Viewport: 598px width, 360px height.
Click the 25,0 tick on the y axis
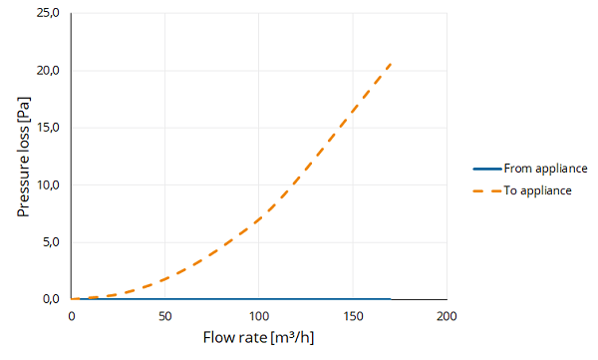pos(48,13)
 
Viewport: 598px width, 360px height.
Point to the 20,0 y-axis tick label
pos(48,71)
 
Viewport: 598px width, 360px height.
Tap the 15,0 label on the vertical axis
pos(48,128)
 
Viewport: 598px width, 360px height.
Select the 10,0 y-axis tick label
pos(48,185)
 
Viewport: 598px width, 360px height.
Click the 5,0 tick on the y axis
pos(51,242)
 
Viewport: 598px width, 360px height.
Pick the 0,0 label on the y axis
pos(51,299)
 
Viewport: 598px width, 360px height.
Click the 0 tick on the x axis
pos(72,316)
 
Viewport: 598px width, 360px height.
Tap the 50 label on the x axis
pos(164,316)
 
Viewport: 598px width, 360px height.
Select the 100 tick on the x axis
pos(259,316)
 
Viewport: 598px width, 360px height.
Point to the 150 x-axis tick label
pos(353,316)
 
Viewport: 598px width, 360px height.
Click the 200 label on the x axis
pos(447,316)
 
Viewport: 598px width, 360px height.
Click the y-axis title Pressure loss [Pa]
pos(23,157)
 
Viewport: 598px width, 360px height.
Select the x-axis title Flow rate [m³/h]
pos(258,338)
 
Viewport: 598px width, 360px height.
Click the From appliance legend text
pos(545,169)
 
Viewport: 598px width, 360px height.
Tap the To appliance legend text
pos(537,190)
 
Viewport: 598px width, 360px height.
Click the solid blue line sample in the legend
pos(487,169)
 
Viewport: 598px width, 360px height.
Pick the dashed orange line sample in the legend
pos(487,190)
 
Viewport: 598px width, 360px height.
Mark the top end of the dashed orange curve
pos(391,64)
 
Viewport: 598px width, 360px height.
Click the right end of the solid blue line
pos(391,299)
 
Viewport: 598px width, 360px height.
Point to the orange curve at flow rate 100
pos(259,220)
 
